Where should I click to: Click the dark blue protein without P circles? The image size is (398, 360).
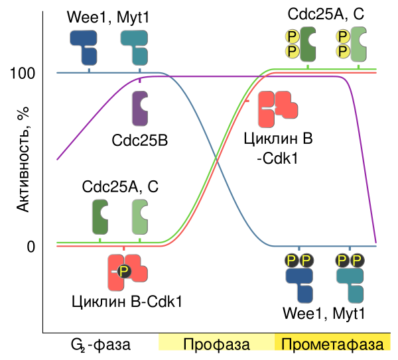(84, 45)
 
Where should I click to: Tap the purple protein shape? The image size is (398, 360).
(139, 108)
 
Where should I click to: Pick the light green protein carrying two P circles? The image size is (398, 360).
(359, 44)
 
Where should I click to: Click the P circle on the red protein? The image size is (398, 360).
(123, 271)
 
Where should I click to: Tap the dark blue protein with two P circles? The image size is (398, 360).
(300, 283)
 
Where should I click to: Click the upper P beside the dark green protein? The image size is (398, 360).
(291, 36)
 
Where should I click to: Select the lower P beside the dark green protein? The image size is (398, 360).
(291, 51)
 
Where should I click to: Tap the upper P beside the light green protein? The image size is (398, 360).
(342, 36)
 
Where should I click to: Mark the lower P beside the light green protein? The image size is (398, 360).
(342, 51)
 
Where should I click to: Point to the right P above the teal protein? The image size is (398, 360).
(358, 260)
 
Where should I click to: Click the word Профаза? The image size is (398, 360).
(216, 345)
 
